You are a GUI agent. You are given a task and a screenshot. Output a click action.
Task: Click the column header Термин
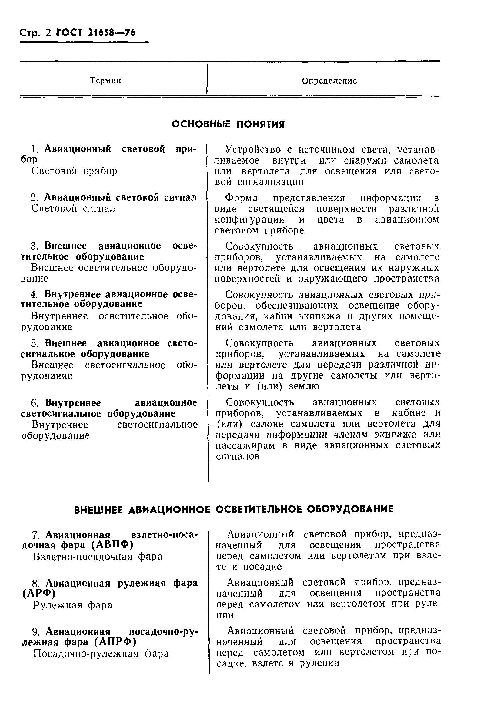(x=105, y=81)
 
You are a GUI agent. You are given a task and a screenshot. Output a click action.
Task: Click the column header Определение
(x=329, y=81)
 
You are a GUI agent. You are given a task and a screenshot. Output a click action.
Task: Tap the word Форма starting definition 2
(x=241, y=198)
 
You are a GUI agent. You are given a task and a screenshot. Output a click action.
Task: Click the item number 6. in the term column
(x=35, y=403)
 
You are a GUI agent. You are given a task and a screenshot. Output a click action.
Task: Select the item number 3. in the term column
(x=34, y=246)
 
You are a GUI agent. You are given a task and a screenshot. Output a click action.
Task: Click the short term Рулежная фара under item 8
(x=73, y=605)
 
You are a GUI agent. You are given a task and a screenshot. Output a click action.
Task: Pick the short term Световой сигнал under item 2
(x=73, y=208)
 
